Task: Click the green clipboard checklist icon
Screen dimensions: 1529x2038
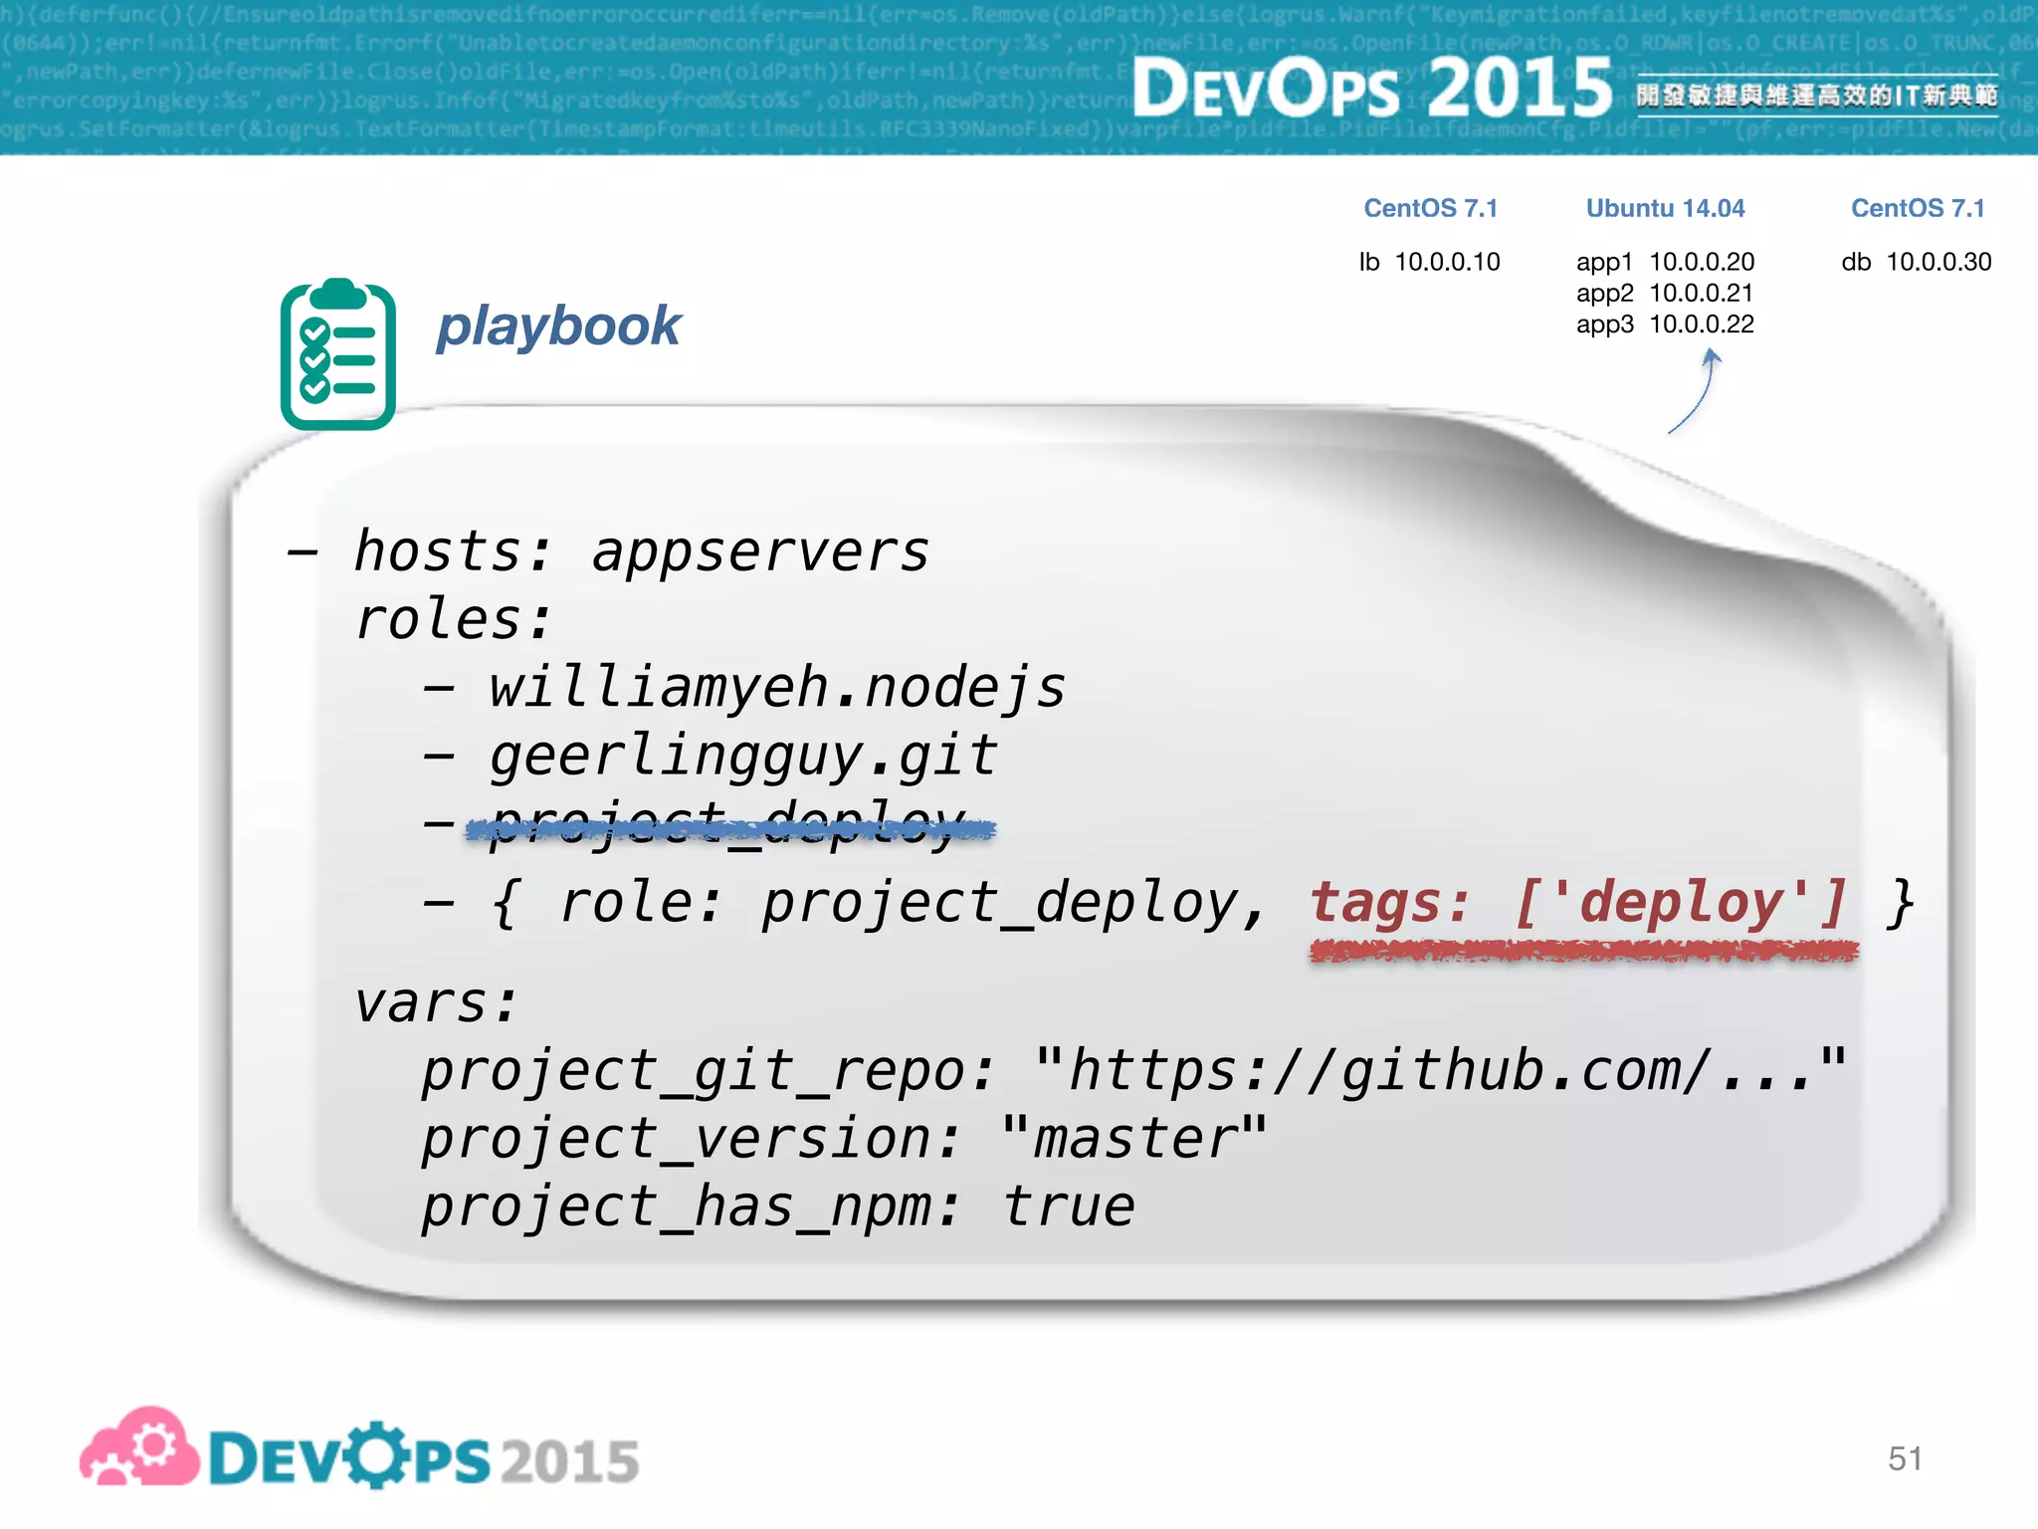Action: point(338,355)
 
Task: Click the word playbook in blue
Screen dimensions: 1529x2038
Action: point(558,328)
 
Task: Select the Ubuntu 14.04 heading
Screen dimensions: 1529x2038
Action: point(1665,209)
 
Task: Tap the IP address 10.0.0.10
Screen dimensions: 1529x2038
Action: point(1447,263)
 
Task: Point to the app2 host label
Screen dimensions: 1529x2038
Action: point(1604,294)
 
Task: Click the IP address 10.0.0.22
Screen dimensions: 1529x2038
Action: point(1702,325)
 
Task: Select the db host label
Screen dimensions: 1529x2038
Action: point(1856,263)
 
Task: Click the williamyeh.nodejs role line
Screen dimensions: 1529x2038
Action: point(776,688)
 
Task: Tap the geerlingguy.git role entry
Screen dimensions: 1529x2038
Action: point(742,757)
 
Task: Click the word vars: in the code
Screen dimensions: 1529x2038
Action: point(437,1003)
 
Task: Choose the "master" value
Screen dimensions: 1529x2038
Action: point(1134,1139)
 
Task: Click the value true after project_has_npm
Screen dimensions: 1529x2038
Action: point(1069,1207)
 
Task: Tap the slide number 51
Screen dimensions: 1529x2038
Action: point(1905,1458)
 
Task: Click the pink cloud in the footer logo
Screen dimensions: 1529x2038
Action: point(139,1448)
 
